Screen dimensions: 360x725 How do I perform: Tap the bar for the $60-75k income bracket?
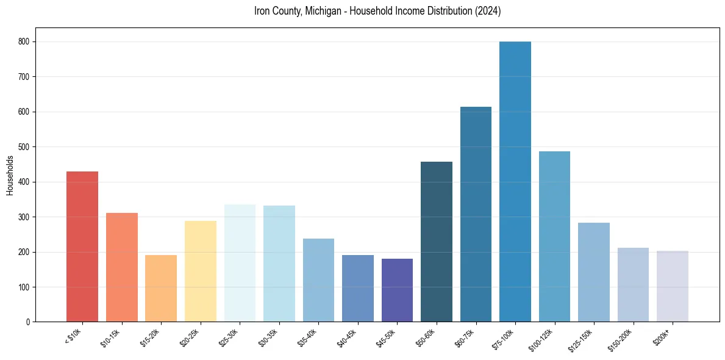(x=476, y=214)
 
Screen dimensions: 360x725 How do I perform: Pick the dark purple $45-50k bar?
(x=397, y=290)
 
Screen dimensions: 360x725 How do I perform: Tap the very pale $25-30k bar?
(x=240, y=263)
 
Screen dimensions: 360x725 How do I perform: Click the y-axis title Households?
(x=10, y=175)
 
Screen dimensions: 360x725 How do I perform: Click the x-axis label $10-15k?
(x=111, y=337)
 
